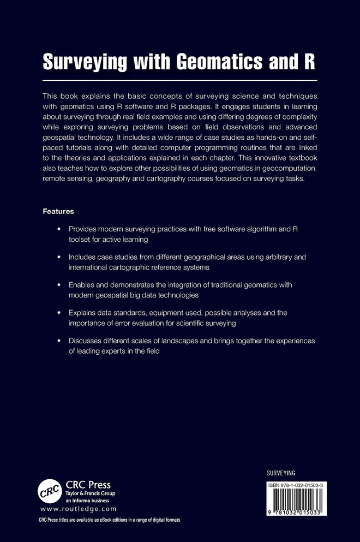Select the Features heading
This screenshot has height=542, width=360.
(58, 211)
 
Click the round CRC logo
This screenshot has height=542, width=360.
(50, 491)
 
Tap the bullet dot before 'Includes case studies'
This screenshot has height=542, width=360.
(59, 258)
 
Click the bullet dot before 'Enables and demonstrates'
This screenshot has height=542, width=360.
(59, 285)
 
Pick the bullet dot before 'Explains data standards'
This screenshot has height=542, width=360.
(59, 313)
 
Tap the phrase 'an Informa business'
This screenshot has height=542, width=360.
(87, 500)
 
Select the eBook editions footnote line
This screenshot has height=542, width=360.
(109, 520)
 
